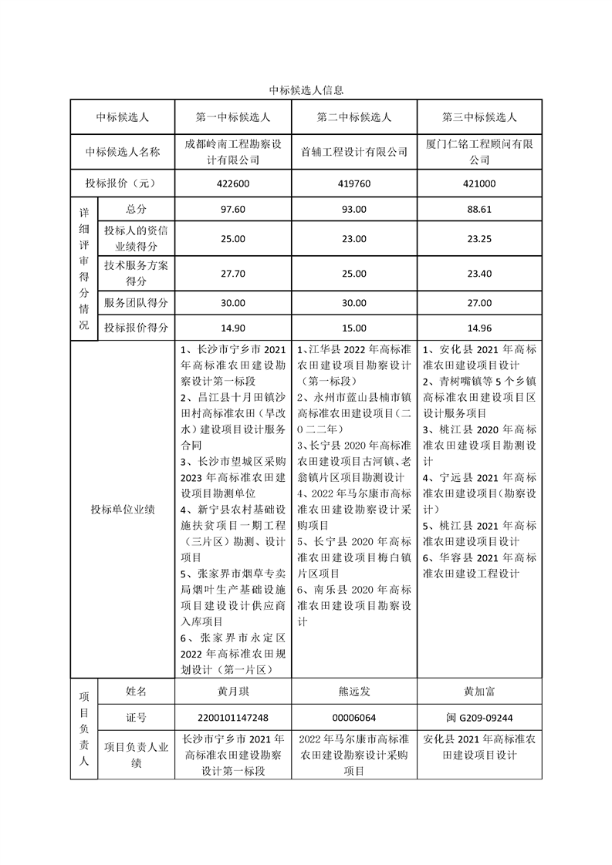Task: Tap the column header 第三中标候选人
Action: pyautogui.click(x=478, y=118)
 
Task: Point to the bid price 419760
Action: pyautogui.click(x=354, y=184)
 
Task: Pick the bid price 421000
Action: pyautogui.click(x=478, y=184)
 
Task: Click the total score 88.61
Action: pyautogui.click(x=478, y=209)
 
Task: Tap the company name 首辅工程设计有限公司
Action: pyautogui.click(x=354, y=153)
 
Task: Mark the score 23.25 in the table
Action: pyautogui.click(x=478, y=239)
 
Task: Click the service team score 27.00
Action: pyautogui.click(x=478, y=303)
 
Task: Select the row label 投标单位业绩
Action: pyautogui.click(x=122, y=510)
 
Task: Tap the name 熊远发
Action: pyautogui.click(x=354, y=692)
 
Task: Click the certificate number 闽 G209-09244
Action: pyautogui.click(x=478, y=718)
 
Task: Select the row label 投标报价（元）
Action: pyautogui.click(x=122, y=184)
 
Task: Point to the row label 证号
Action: pyautogui.click(x=136, y=718)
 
